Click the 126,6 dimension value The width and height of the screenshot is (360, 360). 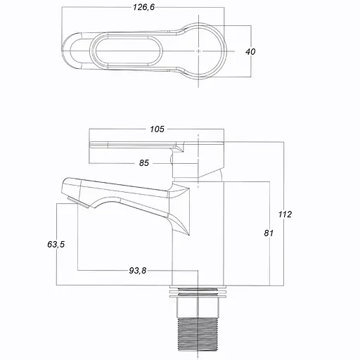pyautogui.click(x=143, y=7)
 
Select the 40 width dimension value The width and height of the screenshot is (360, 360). pyautogui.click(x=250, y=51)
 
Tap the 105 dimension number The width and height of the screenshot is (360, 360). pyautogui.click(x=157, y=129)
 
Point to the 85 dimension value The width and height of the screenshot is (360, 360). pyautogui.click(x=144, y=163)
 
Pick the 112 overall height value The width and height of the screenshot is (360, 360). pyautogui.click(x=285, y=214)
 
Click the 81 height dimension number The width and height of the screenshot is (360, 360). pyautogui.click(x=269, y=233)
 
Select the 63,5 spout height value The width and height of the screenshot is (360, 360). pyautogui.click(x=56, y=245)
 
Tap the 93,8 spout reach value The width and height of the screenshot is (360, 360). pyautogui.click(x=138, y=271)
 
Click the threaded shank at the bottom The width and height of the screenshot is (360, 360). pyautogui.click(x=198, y=334)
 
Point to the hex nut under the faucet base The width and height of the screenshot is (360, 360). pyautogui.click(x=198, y=308)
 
